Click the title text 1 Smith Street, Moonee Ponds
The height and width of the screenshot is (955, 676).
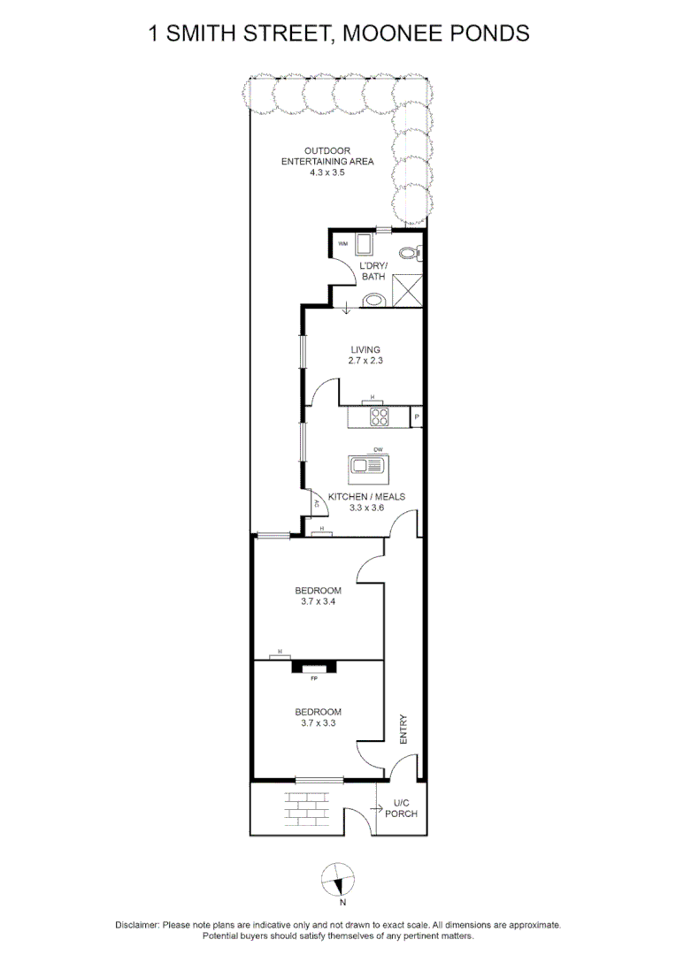(x=339, y=34)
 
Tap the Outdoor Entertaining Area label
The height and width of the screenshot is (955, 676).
(x=327, y=162)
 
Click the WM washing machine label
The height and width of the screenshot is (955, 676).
(x=342, y=242)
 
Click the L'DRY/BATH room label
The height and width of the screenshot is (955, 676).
(x=373, y=271)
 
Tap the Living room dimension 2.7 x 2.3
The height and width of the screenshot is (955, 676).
(x=365, y=362)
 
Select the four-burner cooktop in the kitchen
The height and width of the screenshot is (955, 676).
(x=379, y=416)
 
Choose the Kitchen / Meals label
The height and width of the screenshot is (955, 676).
(x=366, y=497)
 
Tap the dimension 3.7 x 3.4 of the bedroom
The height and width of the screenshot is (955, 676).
(x=318, y=602)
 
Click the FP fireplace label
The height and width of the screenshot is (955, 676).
(x=313, y=679)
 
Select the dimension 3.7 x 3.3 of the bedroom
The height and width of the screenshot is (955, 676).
(x=318, y=722)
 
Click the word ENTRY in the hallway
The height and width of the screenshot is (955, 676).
(x=404, y=729)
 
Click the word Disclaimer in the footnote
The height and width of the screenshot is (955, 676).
(x=137, y=924)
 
